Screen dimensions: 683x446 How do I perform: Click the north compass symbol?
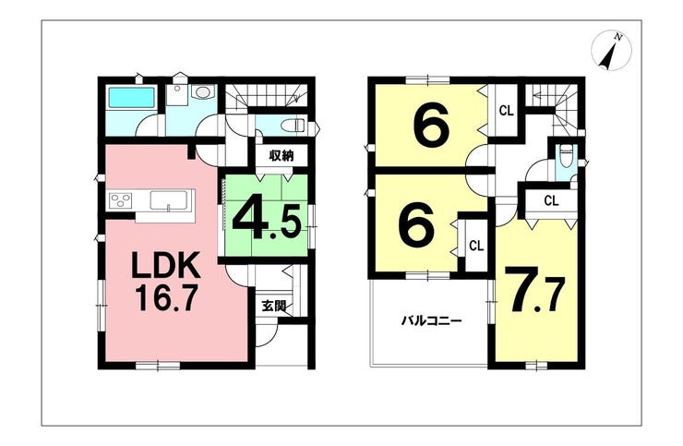(611, 51)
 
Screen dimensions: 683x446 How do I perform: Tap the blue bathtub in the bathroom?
(132, 97)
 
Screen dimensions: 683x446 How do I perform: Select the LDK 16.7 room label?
(166, 281)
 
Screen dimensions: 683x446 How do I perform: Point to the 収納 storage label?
(281, 155)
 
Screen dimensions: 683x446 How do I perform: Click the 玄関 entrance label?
(274, 305)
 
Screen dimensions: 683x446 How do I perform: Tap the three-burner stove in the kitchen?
(121, 201)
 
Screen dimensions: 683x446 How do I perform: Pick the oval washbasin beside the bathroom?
(202, 92)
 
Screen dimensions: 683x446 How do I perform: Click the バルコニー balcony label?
(431, 321)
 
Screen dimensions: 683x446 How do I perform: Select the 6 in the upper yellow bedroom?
(431, 127)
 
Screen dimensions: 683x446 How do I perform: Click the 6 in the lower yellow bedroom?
(417, 225)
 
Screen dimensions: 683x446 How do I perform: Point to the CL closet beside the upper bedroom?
(507, 111)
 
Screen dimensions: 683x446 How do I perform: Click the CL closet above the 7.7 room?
(551, 200)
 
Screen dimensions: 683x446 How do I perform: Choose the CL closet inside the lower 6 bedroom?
(476, 246)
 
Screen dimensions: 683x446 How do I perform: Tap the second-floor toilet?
(567, 156)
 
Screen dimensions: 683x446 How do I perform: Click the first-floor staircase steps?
(266, 96)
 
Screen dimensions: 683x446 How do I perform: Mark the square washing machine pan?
(177, 94)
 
